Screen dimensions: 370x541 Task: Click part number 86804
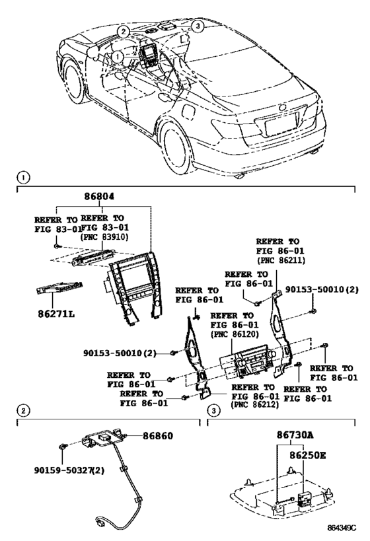tap(99, 196)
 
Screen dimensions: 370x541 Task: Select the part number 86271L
tap(57, 314)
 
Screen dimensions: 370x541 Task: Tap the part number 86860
tap(158, 436)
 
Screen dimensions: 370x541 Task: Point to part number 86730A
tap(295, 435)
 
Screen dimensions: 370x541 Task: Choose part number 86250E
tap(308, 455)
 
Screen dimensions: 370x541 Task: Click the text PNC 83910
tap(104, 237)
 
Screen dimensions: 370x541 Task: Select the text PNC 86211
tap(281, 260)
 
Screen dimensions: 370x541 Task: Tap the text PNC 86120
tap(235, 334)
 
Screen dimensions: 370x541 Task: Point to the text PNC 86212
tap(255, 405)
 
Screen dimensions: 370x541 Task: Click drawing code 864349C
tap(342, 528)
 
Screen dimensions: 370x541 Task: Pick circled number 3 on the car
tap(197, 26)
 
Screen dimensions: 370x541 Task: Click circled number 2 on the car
tap(123, 32)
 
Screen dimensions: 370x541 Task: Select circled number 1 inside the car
tap(118, 56)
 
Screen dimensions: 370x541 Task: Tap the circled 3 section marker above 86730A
tap(213, 411)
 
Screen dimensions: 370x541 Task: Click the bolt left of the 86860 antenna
tap(62, 447)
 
